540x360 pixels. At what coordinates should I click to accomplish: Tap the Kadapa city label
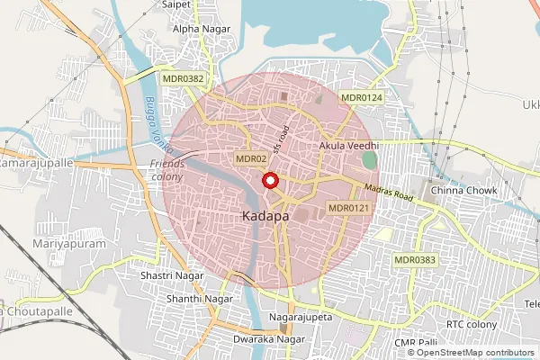[x=265, y=218]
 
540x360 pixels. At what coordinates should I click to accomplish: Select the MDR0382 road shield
[x=184, y=79]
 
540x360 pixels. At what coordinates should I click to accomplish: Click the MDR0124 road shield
[x=362, y=97]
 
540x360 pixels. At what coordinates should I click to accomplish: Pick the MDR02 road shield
[x=251, y=158]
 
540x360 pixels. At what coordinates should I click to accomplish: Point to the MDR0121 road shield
[x=348, y=208]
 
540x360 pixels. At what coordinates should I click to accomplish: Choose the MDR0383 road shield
[x=415, y=259]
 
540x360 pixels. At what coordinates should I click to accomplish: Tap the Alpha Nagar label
[x=202, y=29]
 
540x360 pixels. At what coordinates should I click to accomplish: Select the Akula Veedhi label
[x=349, y=145]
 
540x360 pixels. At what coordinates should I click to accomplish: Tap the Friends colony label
[x=167, y=169]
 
